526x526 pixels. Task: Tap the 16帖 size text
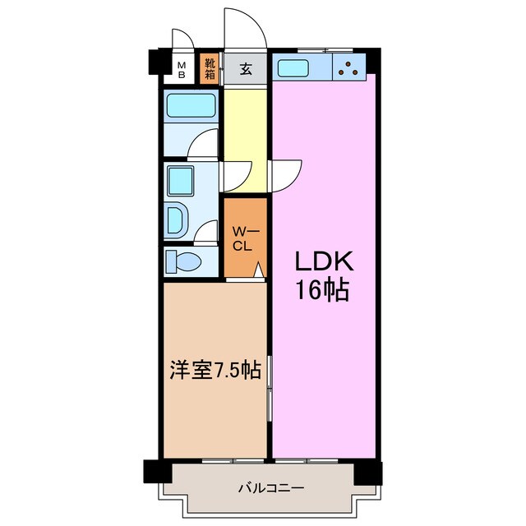(323, 290)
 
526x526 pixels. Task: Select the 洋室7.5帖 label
(216, 371)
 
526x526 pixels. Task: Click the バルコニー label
(270, 487)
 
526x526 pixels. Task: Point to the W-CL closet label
(245, 238)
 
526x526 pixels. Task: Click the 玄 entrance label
(246, 69)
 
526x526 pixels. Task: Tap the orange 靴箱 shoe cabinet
(210, 68)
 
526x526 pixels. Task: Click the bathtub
(191, 106)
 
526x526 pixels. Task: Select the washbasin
(178, 220)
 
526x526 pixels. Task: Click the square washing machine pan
(180, 178)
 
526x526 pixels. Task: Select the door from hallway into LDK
(285, 174)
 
